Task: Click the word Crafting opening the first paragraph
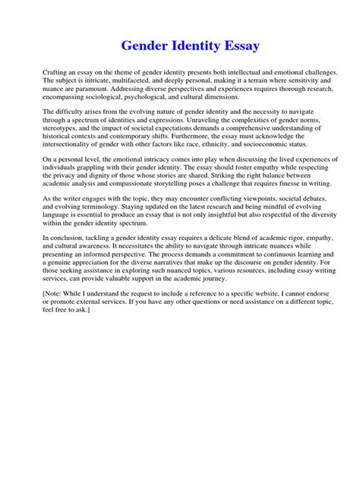56,71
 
